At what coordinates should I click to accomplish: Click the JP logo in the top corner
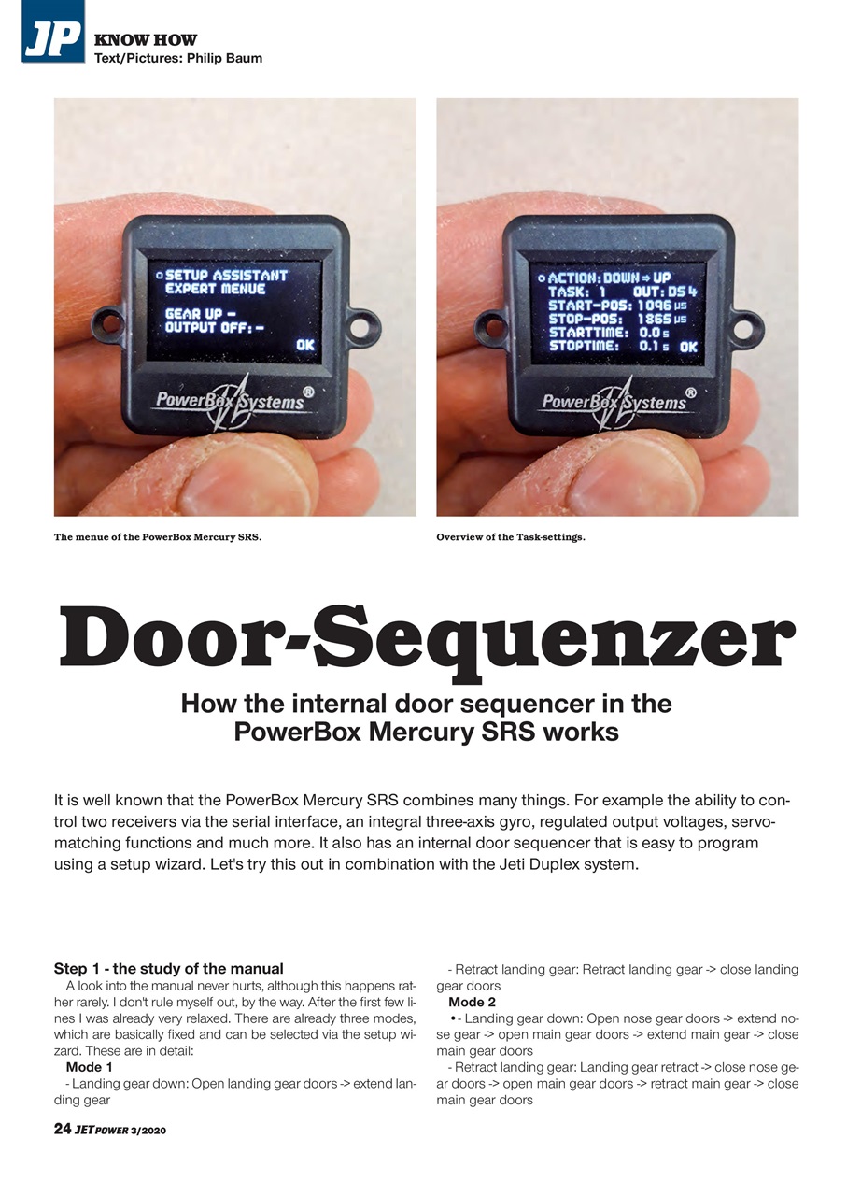tap(52, 31)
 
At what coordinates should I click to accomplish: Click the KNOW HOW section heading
tap(145, 39)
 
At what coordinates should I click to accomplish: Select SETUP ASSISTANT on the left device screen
tap(226, 276)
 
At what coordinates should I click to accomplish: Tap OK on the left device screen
tap(305, 346)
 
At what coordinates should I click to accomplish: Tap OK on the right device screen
tap(688, 347)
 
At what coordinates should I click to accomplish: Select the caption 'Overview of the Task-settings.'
tap(510, 537)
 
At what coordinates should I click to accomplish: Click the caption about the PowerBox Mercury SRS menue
tap(157, 537)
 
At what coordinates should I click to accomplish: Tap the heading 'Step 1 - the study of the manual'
tap(168, 968)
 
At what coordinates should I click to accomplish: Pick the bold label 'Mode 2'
tap(472, 1002)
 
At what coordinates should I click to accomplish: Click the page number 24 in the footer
tap(62, 1129)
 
